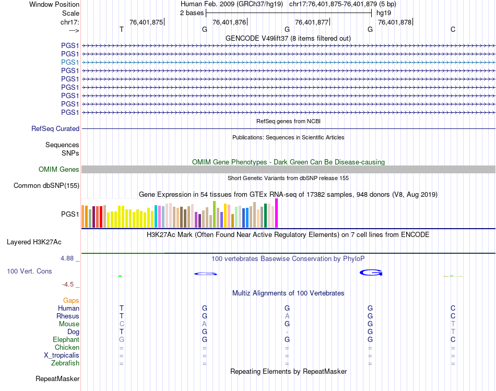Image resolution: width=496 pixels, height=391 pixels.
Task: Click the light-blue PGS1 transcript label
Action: pos(70,62)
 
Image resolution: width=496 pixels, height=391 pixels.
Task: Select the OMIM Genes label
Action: pos(59,169)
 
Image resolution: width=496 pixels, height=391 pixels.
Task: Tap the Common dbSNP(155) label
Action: pos(46,185)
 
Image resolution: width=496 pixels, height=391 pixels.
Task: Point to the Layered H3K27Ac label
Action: pos(34,242)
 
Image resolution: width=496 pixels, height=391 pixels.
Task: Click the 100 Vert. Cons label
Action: pos(29,271)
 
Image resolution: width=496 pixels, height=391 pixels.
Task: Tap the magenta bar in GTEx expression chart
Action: pos(277,213)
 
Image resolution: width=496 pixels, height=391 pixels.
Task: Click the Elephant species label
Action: pos(66,339)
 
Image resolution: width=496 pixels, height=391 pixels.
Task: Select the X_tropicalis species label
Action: pos(62,355)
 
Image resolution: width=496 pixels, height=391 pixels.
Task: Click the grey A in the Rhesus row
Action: pos(287,316)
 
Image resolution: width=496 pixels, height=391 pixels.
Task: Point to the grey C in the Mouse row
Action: pos(122,324)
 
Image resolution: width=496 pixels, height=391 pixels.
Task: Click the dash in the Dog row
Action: pos(287,331)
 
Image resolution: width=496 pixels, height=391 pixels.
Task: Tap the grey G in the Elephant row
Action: pos(122,339)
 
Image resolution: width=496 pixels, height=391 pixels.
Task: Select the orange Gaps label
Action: pos(71,300)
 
